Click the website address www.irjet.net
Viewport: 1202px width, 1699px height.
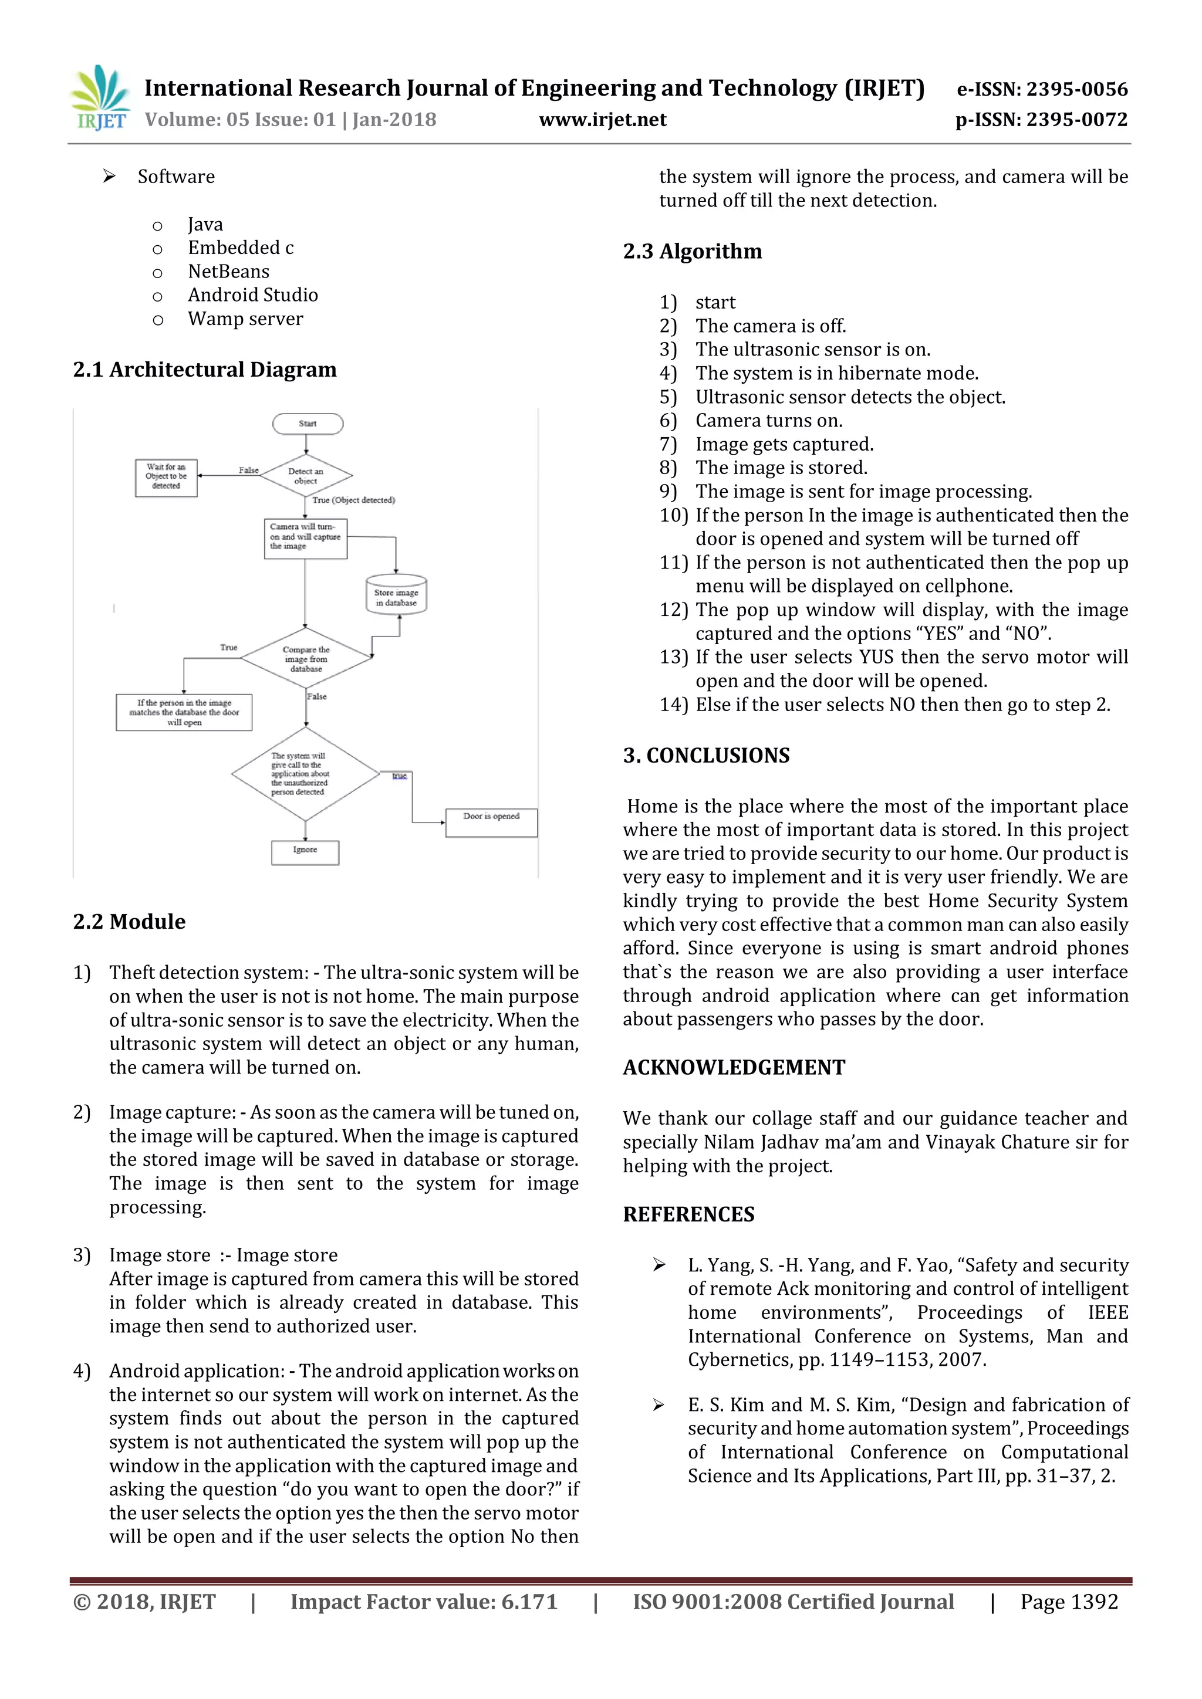(x=603, y=120)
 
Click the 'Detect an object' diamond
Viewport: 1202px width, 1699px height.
(x=306, y=476)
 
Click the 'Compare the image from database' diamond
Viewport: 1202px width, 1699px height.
(x=306, y=659)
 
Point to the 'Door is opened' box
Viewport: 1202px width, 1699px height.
(x=491, y=821)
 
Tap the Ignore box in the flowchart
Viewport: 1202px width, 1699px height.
(x=305, y=852)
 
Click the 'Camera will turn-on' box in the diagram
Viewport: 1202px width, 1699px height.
(x=306, y=538)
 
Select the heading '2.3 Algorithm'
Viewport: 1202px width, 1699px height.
(x=692, y=252)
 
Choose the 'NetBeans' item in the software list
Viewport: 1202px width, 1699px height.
(x=229, y=272)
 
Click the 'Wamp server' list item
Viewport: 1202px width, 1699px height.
(x=245, y=319)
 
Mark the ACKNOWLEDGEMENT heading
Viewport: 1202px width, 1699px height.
(x=734, y=1067)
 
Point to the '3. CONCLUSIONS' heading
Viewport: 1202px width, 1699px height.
(x=706, y=756)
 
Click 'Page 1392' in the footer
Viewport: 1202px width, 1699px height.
(x=1069, y=1602)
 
